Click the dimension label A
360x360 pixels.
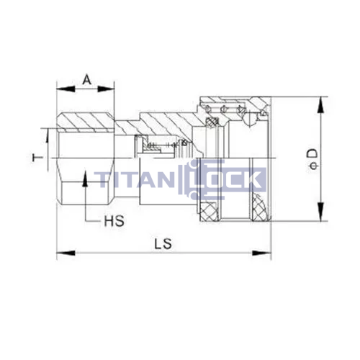[x=87, y=80]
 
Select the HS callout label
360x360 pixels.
[x=114, y=221]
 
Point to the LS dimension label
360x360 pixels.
[x=163, y=244]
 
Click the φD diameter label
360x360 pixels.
[x=313, y=159]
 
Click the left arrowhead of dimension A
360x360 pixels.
[x=66, y=89]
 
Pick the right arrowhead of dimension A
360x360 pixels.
[x=106, y=89]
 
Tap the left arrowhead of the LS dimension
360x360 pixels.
[x=66, y=253]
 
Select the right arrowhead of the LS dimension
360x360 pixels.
[x=261, y=253]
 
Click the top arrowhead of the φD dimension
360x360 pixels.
[x=320, y=105]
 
